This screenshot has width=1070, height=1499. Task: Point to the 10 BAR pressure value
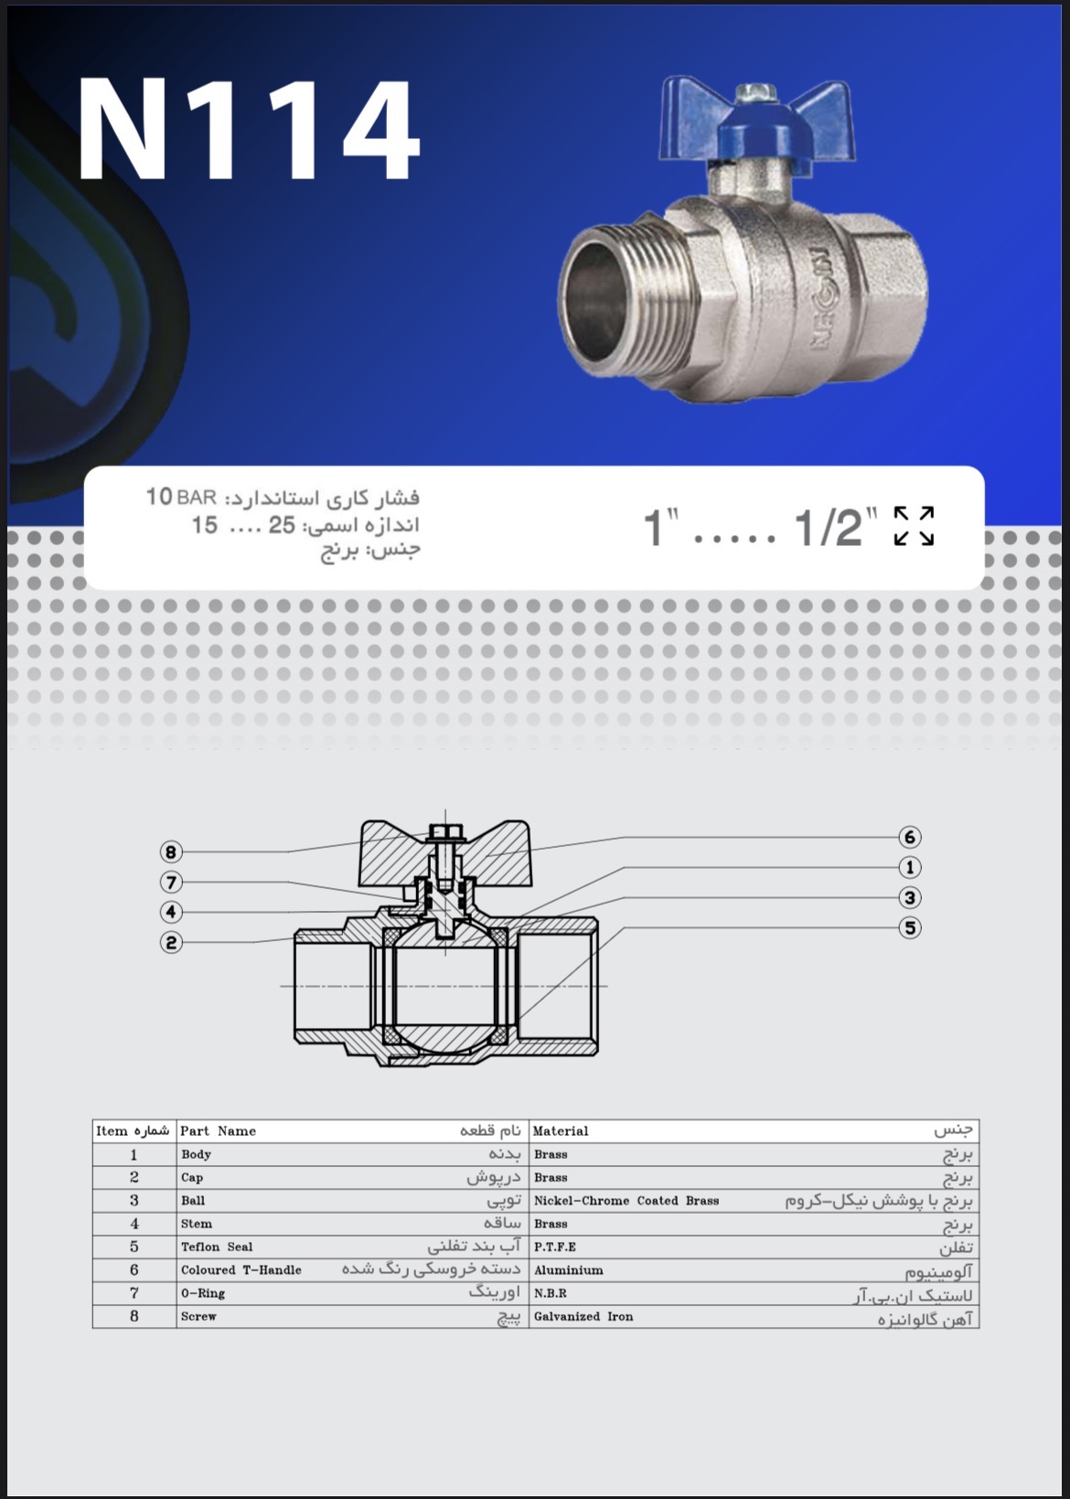(x=181, y=498)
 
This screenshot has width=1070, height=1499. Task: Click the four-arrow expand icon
(x=915, y=526)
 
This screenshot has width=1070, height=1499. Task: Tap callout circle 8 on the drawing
(x=171, y=851)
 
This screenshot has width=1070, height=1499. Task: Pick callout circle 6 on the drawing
(x=909, y=837)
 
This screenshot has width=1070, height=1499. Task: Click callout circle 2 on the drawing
(x=171, y=942)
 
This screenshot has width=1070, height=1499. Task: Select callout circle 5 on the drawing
(x=909, y=927)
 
